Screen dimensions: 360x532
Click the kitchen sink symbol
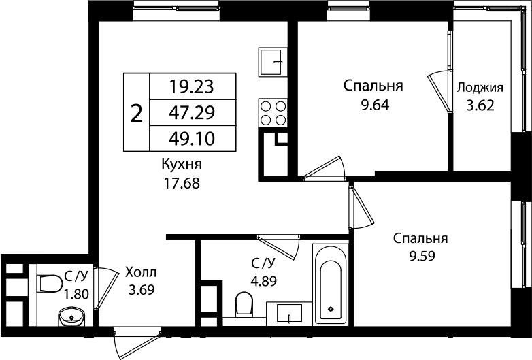point(273,62)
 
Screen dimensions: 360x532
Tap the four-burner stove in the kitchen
point(273,112)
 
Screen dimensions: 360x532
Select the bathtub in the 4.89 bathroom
point(331,284)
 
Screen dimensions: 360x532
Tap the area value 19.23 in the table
point(191,86)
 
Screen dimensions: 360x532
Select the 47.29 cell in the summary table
point(191,112)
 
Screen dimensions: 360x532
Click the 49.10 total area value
point(191,138)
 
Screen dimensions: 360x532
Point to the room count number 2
point(136,113)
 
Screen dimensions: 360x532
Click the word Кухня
point(181,165)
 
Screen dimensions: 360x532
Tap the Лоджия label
point(480,87)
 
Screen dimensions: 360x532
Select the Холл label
point(140,274)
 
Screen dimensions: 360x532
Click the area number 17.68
point(181,183)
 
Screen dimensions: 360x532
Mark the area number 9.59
point(420,257)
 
